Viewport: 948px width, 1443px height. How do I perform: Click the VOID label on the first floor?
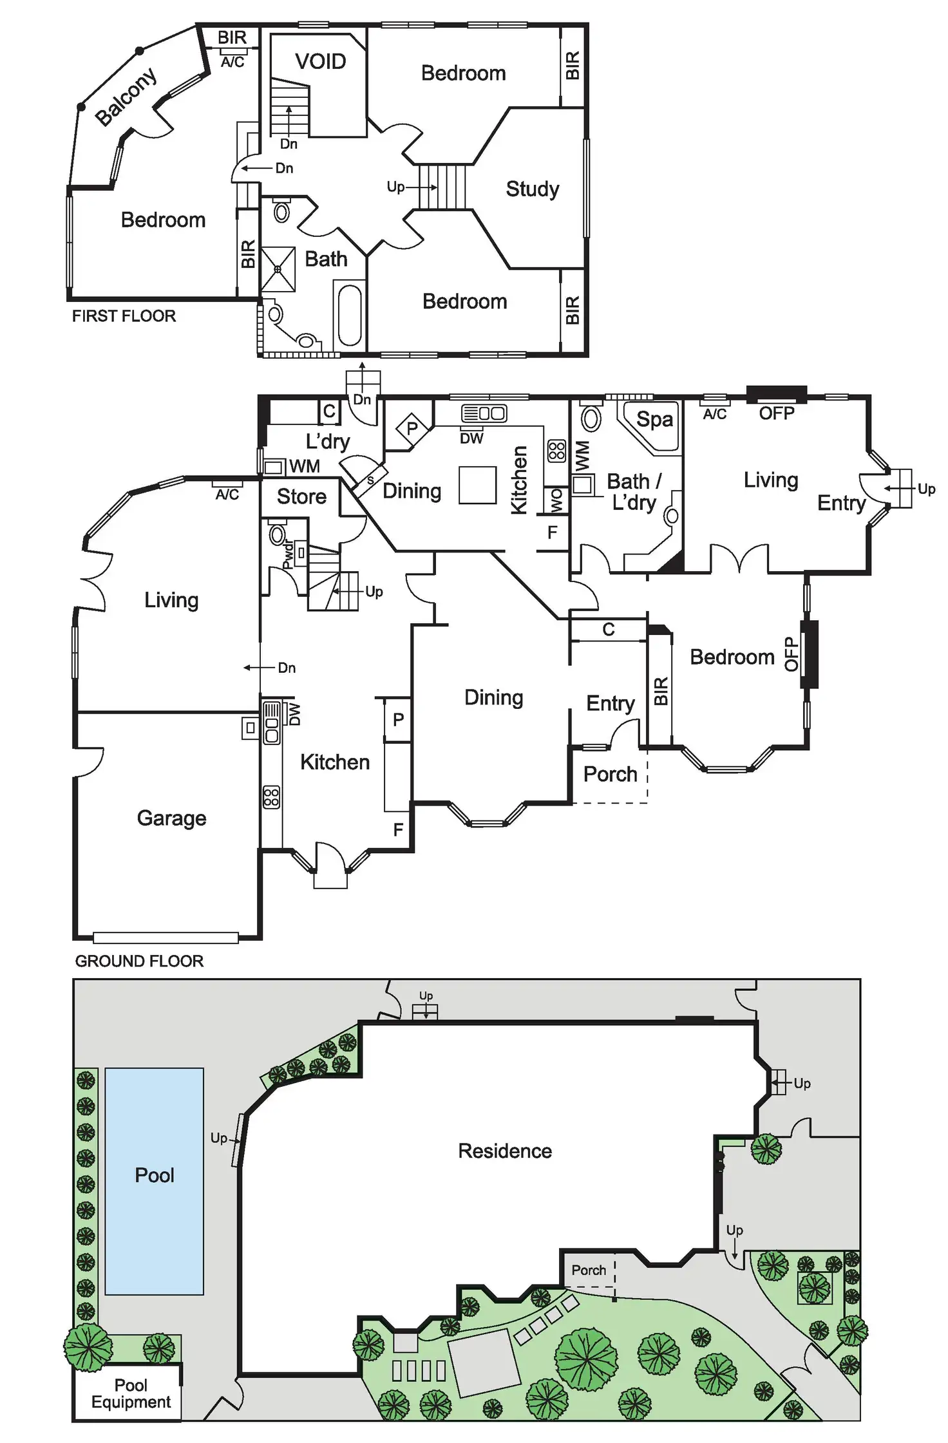coord(320,62)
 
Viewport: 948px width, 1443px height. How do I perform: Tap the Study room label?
coord(532,189)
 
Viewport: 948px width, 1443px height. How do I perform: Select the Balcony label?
coord(126,97)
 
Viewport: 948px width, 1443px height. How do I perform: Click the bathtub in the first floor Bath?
coord(350,315)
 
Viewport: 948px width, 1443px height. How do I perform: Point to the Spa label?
coord(654,419)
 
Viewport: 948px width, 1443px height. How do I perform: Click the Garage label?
coord(171,818)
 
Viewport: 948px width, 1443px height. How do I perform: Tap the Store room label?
coord(301,496)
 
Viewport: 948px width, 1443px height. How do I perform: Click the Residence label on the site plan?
coord(505,1151)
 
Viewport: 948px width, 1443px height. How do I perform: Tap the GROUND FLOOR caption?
coord(139,961)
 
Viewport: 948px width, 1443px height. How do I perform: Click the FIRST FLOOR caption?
coord(124,316)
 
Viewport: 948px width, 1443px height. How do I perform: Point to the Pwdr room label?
coord(288,554)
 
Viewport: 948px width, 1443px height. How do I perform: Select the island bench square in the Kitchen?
coord(477,485)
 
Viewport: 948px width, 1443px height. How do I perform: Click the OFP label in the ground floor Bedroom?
coord(790,654)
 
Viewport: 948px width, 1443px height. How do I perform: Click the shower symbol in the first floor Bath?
coord(278,269)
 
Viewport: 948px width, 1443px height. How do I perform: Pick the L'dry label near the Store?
coord(328,441)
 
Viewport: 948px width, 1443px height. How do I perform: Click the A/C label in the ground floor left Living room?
coord(227,494)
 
